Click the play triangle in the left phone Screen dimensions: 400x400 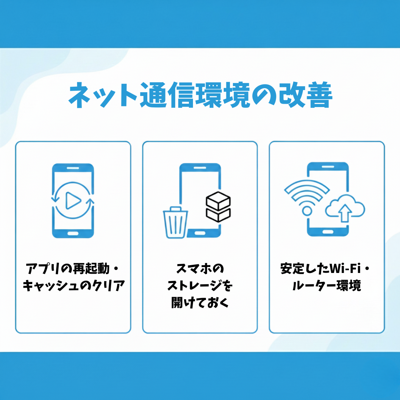pyautogui.click(x=73, y=200)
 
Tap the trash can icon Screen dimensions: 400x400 pyautogui.click(x=175, y=223)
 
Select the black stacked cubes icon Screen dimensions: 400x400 pyautogui.click(x=218, y=207)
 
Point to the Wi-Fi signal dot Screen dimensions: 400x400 pyautogui.click(x=307, y=211)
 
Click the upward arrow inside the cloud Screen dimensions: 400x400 pyautogui.click(x=345, y=213)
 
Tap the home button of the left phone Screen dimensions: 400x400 pyautogui.click(x=73, y=233)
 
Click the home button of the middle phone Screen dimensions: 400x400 pyautogui.click(x=200, y=233)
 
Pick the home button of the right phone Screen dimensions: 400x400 pyautogui.click(x=328, y=232)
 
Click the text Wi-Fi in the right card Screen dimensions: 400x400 pyautogui.click(x=345, y=269)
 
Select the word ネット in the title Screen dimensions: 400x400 pyautogui.click(x=103, y=95)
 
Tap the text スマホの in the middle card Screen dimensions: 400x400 pyautogui.click(x=200, y=269)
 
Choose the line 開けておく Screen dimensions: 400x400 pyautogui.click(x=200, y=303)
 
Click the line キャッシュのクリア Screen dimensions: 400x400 pyautogui.click(x=74, y=286)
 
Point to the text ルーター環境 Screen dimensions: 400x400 pyautogui.click(x=327, y=286)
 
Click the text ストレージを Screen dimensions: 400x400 pyautogui.click(x=200, y=286)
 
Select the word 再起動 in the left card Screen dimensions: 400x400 pyautogui.click(x=91, y=269)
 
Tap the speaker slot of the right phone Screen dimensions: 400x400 pyautogui.click(x=328, y=167)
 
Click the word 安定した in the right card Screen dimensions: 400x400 pyautogui.click(x=305, y=269)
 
